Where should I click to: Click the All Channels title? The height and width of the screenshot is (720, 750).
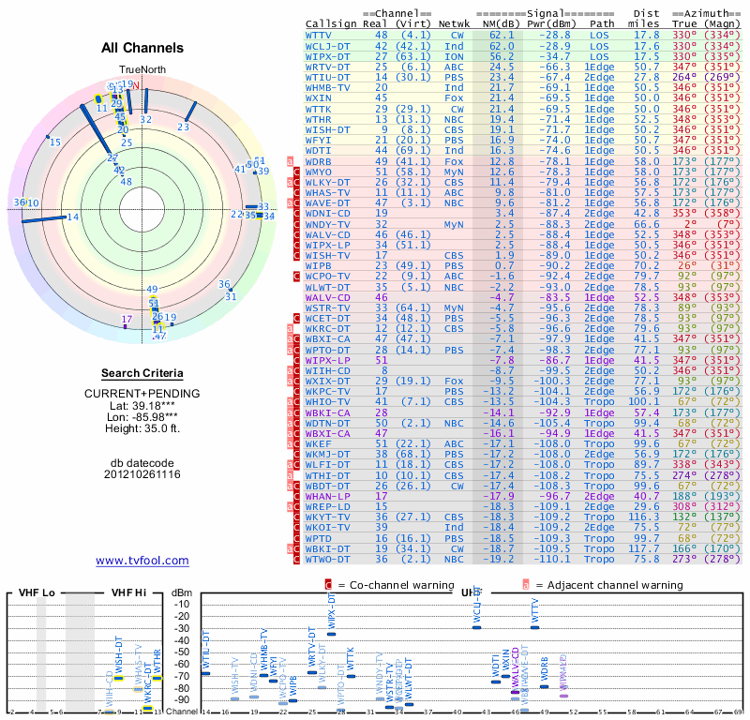142,48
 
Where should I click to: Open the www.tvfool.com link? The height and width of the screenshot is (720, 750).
142,561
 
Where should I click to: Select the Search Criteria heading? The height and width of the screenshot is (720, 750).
142,373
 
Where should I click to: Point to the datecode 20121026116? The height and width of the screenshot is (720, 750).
142,475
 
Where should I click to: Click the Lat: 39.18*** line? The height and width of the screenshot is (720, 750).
142,405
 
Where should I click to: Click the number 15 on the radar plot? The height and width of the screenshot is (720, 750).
55,142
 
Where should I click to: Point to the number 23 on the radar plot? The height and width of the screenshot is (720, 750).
184,127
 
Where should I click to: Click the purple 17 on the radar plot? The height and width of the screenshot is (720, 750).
127,320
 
